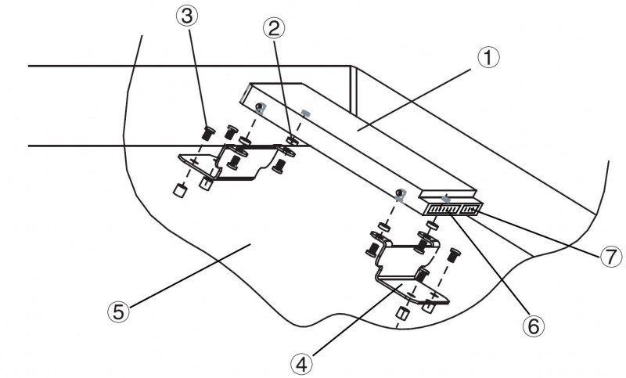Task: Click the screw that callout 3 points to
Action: [x=209, y=131]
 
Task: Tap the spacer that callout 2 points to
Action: [x=292, y=141]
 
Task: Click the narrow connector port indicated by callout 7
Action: [x=471, y=210]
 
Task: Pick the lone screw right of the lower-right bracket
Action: [x=453, y=254]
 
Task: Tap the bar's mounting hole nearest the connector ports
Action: [x=400, y=193]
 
